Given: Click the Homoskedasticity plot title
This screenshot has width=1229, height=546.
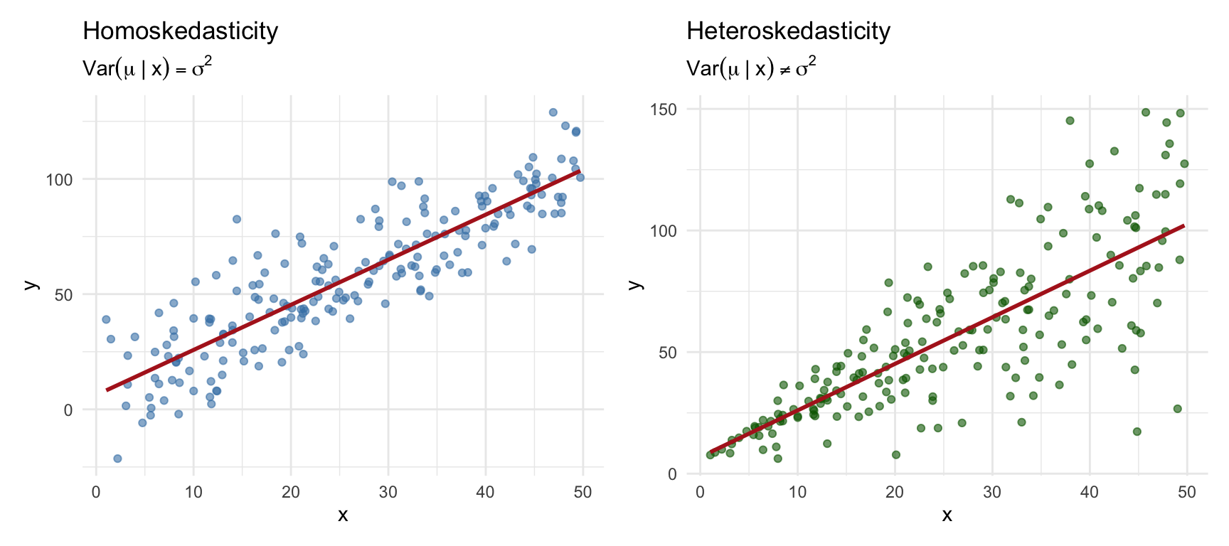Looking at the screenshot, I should coord(180,31).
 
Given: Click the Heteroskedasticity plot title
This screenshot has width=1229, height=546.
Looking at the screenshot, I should coord(788,31).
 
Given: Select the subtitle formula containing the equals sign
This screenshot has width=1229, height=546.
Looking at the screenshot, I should coord(147,68).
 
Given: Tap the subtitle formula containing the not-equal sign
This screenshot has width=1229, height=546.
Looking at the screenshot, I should coord(751,68).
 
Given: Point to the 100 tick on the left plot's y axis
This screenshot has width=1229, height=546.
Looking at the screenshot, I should coord(59,180).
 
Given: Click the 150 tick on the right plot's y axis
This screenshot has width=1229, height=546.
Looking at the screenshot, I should coord(662,109).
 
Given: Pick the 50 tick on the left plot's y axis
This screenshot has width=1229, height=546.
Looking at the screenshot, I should coord(63,295).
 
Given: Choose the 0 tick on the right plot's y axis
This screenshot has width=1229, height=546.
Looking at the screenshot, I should coord(672,474).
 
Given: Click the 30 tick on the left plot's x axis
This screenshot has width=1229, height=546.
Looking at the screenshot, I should coord(388,493).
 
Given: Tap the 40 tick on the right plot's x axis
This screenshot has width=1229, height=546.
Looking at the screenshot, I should coord(1090,492).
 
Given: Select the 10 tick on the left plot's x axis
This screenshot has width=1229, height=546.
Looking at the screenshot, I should coord(193,493).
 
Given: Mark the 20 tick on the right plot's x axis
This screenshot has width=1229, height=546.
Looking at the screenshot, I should coord(895,492).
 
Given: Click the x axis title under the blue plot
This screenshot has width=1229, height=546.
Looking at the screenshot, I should coord(343,515).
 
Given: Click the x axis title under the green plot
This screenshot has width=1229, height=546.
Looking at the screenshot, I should coord(947,515).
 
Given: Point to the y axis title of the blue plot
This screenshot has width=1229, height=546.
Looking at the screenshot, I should coord(30,284).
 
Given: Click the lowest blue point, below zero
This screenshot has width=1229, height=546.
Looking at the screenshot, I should coord(117,459).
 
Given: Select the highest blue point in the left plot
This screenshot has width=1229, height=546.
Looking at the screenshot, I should coord(553,112).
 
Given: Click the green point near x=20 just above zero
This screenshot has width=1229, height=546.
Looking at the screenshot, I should coord(896,455).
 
